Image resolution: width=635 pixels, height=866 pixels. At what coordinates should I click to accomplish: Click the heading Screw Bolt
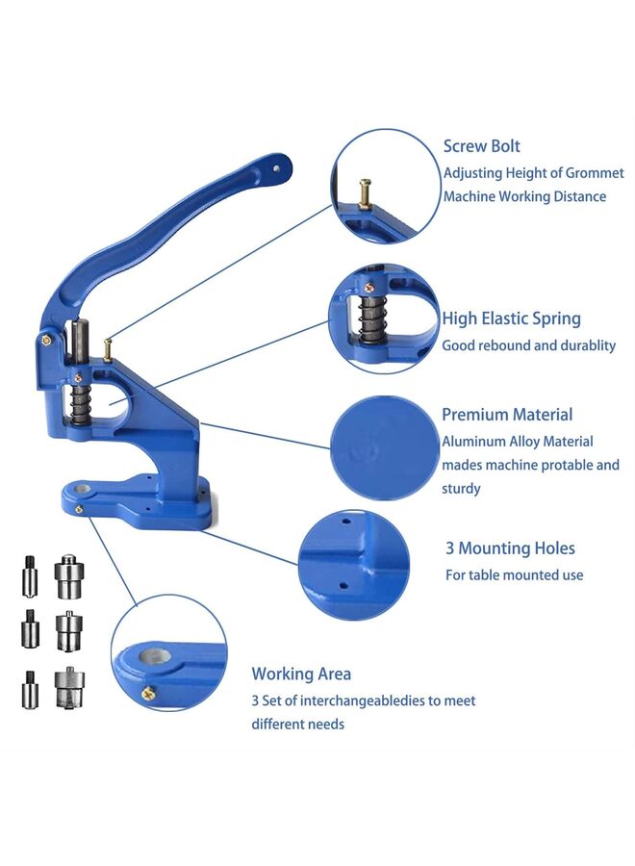(x=481, y=146)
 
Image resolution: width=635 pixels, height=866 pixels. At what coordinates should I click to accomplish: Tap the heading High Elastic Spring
(x=511, y=318)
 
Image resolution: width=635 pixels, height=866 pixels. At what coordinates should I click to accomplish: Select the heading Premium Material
(x=506, y=415)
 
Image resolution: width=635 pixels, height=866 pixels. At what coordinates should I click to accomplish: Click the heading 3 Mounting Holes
(x=510, y=548)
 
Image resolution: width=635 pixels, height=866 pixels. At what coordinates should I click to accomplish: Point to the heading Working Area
(x=301, y=674)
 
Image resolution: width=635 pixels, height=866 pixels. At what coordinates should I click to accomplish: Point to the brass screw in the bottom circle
(x=148, y=691)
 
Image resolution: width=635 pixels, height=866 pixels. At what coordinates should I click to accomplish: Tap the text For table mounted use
(x=514, y=575)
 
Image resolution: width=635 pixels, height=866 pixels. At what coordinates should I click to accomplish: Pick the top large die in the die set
(x=66, y=576)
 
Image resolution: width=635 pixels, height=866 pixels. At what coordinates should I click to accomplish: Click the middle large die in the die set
(x=66, y=631)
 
